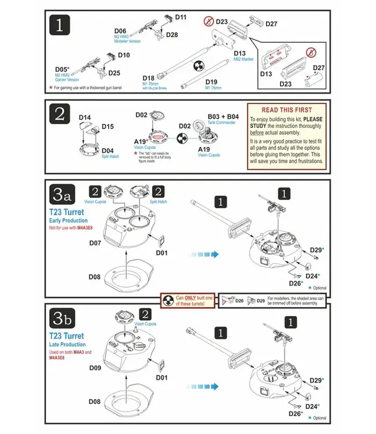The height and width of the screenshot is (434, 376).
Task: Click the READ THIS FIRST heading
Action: coord(286,110)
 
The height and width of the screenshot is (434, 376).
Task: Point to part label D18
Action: coord(148,78)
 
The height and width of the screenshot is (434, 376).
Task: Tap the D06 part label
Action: coord(120,31)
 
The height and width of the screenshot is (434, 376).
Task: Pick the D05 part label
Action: coord(62,69)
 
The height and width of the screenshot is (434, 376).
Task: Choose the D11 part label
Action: coord(180,17)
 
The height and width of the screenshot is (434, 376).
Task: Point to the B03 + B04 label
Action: coord(223,116)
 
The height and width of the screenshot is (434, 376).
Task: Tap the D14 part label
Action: coord(84,117)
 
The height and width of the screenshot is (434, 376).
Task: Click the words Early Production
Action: coord(69,220)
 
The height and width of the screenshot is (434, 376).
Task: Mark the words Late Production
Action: coord(68,344)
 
